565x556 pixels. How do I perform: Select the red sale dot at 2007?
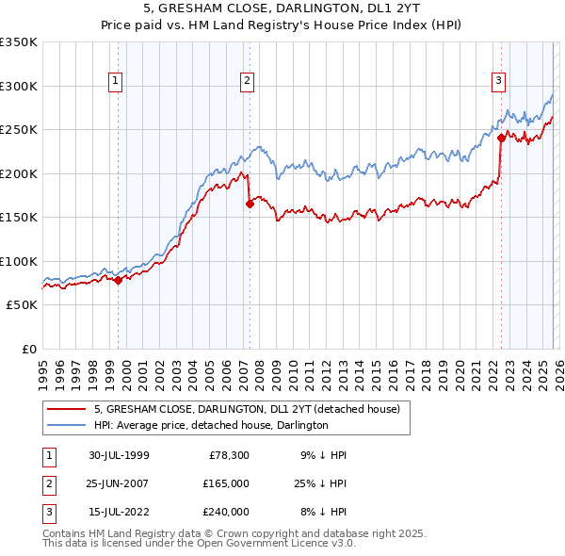250,203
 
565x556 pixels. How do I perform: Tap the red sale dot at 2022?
501,138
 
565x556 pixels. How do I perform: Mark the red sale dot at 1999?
118,280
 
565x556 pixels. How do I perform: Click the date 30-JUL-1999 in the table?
119,455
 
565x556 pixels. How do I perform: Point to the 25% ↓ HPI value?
319,483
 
